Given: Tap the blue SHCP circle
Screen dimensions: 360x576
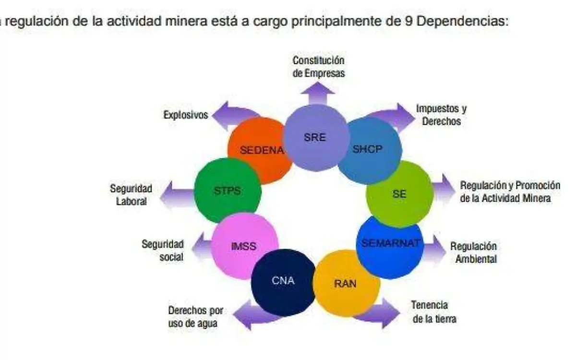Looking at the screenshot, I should point(369,150).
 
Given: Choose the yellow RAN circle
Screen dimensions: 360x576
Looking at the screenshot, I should point(346,283).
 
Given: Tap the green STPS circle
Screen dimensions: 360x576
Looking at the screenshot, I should point(228,191).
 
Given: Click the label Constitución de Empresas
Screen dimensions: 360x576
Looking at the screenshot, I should point(319,67).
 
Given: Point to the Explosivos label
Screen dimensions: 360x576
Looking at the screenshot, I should point(186,115).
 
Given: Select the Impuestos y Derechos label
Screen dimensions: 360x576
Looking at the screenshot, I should point(441,115).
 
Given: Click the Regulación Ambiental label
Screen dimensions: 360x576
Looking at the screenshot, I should point(473,252).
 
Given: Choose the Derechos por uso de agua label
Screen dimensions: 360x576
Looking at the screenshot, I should point(195,317).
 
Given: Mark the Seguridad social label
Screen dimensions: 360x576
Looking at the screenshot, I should point(163,250).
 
